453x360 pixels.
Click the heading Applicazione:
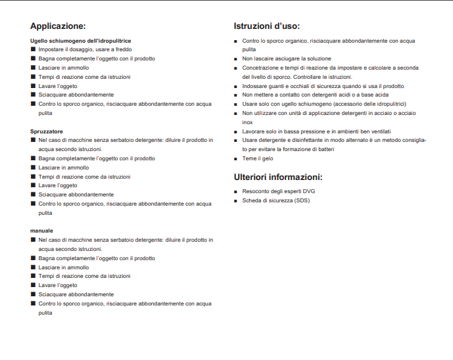[58, 27]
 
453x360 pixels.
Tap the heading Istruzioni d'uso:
[267, 27]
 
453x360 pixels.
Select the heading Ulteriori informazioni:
[277, 177]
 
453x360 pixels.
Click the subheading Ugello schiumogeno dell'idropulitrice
[81, 41]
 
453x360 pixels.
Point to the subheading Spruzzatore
[47, 131]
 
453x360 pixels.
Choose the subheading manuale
[41, 231]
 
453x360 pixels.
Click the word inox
[247, 122]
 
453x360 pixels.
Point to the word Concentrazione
[261, 68]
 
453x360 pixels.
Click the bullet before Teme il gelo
[236, 159]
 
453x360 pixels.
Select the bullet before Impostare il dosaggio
[33, 50]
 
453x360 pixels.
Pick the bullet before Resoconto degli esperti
[236, 192]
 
